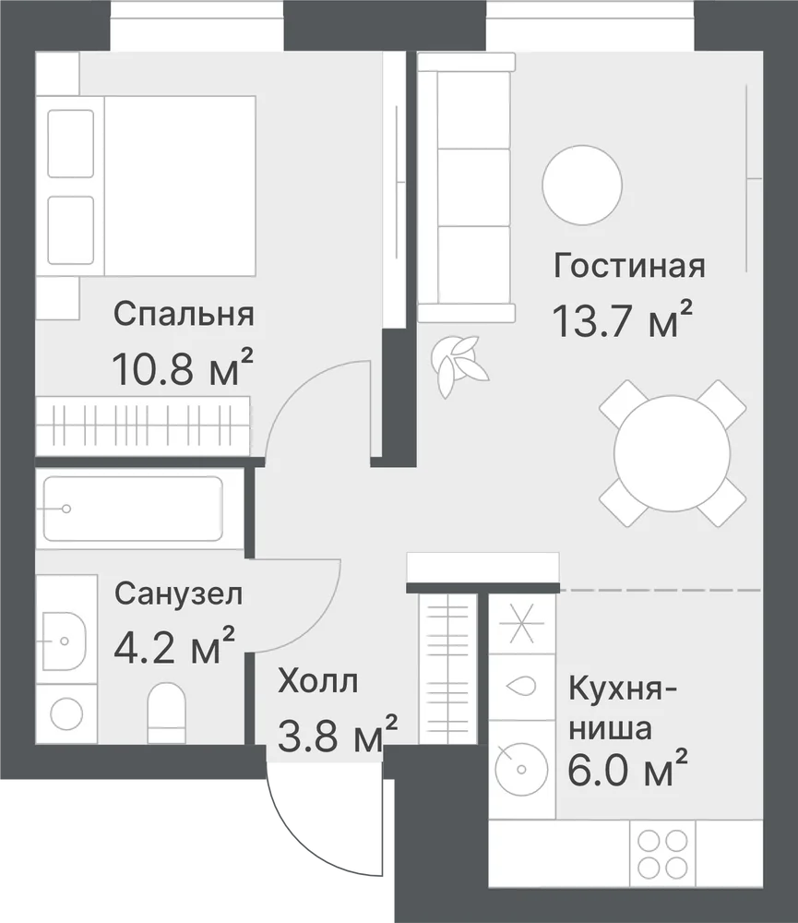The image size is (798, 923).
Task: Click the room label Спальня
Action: point(184,315)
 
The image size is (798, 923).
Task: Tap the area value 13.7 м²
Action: point(622,320)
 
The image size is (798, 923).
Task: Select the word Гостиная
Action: point(629,266)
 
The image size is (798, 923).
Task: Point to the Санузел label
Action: point(178,593)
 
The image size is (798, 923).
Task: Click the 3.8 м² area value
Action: point(338,733)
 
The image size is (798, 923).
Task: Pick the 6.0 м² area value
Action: point(627,768)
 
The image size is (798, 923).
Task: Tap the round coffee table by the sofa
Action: point(582,185)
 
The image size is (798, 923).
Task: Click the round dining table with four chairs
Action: point(672,453)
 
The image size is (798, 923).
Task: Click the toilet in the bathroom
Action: point(166,713)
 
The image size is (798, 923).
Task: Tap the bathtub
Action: point(133,509)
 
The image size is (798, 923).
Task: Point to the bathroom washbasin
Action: point(65,641)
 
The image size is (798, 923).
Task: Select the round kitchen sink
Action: point(521,768)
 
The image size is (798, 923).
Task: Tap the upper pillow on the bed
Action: point(71,144)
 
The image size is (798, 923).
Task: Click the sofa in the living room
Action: point(466,187)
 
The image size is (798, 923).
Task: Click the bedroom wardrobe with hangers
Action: point(142,426)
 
